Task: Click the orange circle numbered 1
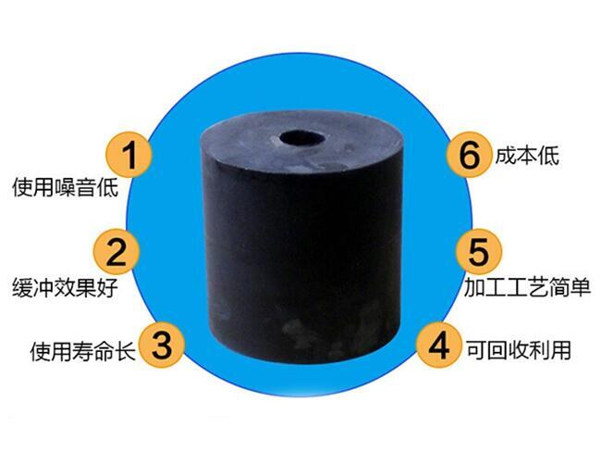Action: [x=129, y=155]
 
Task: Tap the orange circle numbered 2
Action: [x=117, y=251]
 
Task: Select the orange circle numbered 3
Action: [x=162, y=344]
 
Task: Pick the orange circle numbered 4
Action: [x=439, y=345]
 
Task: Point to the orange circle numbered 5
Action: [x=478, y=252]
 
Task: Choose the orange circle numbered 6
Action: [x=469, y=155]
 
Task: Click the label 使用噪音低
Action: [x=65, y=188]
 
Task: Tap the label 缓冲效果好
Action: [x=65, y=287]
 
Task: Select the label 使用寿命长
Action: [x=83, y=351]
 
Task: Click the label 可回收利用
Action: [x=519, y=349]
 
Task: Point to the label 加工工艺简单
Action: [x=527, y=287]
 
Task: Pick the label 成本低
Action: [x=527, y=156]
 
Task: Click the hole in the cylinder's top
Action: [x=300, y=139]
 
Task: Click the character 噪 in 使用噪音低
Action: [x=65, y=188]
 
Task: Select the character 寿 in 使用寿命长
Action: [x=83, y=351]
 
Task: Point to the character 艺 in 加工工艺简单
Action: [x=537, y=287]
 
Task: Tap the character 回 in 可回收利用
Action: [x=497, y=349]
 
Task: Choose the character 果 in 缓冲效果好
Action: [x=86, y=287]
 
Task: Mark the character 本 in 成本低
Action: [x=527, y=156]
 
